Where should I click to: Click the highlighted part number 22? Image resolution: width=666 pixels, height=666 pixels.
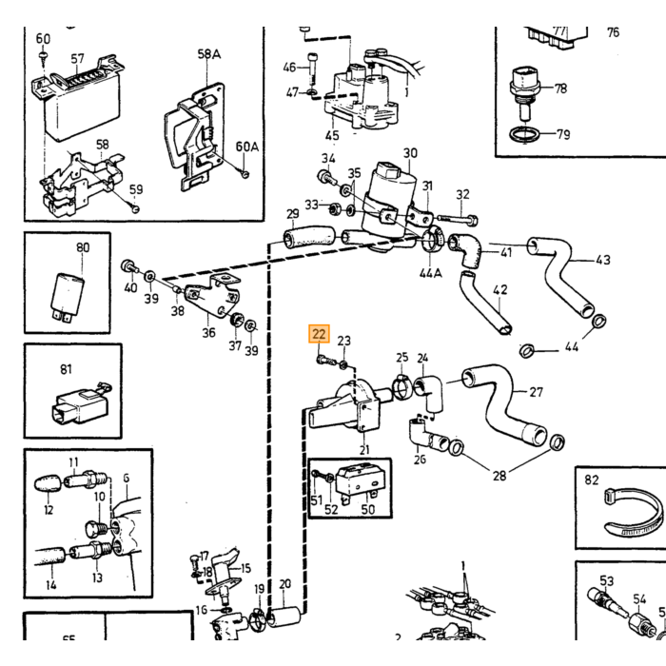click(319, 334)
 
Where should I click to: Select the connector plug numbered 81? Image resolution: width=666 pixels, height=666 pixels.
click(81, 404)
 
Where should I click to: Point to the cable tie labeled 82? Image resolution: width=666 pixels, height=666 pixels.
click(634, 513)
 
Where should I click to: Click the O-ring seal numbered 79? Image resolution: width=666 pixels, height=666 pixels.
click(525, 135)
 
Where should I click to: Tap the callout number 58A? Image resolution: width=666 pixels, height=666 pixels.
click(209, 54)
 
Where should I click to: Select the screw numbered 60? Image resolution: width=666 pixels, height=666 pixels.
click(43, 57)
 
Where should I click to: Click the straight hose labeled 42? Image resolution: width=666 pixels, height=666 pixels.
click(485, 304)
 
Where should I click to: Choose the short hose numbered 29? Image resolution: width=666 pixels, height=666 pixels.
click(309, 237)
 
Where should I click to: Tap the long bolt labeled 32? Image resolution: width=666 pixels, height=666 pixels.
click(458, 219)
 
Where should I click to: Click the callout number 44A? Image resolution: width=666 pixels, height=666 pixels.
click(431, 272)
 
